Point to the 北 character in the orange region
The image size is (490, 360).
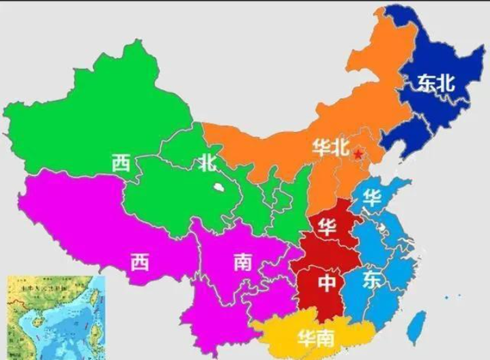tap(341, 147)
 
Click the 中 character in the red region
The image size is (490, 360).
tap(329, 281)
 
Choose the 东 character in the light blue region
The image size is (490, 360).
tap(372, 279)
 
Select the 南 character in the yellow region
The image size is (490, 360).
tap(326, 337)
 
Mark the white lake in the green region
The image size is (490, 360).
tap(218, 186)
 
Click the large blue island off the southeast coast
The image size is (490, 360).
tap(416, 327)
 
